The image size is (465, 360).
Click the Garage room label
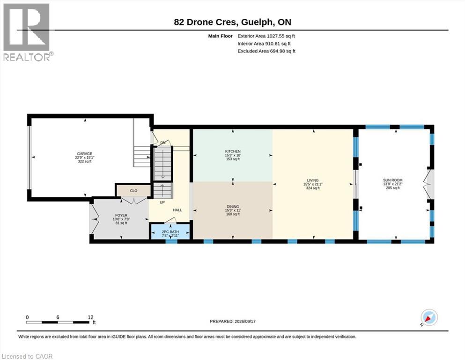[84, 154]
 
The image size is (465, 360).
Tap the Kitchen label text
[233, 151]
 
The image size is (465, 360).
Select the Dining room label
[233, 207]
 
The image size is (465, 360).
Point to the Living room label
[313, 180]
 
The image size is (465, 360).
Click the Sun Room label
[392, 180]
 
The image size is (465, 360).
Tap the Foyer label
[121, 215]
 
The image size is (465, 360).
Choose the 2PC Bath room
[170, 232]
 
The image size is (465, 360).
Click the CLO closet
[133, 190]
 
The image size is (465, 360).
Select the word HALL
[177, 210]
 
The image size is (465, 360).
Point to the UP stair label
[162, 202]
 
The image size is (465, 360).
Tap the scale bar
[58, 322]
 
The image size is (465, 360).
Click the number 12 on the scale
[90, 317]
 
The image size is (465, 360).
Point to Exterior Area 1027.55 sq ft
[266, 36]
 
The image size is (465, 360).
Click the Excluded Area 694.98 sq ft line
[266, 51]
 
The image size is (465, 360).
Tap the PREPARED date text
[232, 321]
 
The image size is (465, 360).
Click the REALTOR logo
[27, 32]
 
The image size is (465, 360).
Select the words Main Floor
[221, 36]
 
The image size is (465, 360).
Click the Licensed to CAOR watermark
[27, 356]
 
